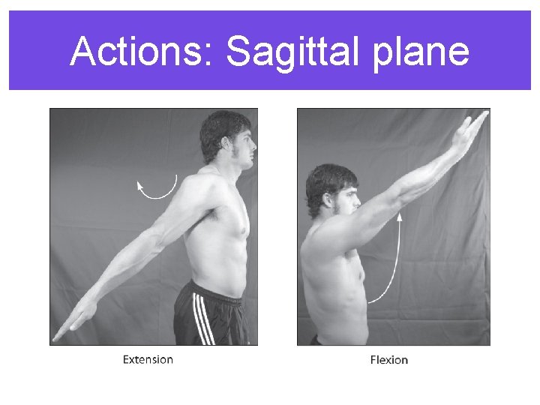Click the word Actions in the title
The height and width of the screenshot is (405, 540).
139,52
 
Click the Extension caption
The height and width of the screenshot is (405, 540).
148,359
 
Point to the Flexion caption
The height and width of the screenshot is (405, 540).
389,360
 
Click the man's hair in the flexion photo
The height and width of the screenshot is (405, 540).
326,178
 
